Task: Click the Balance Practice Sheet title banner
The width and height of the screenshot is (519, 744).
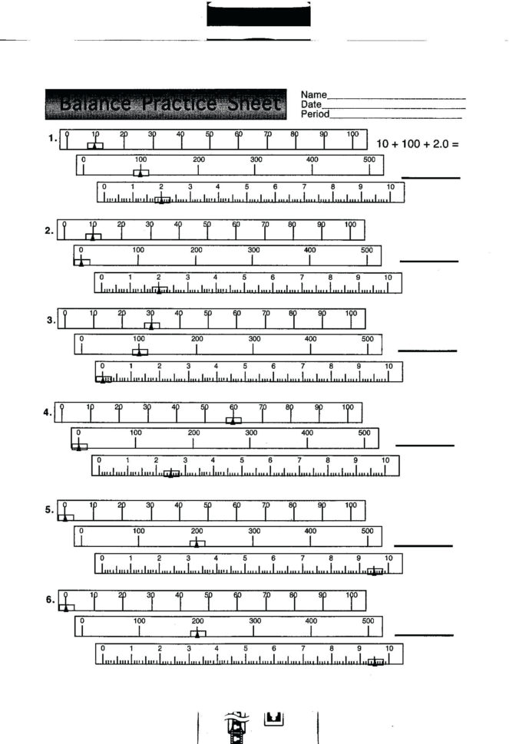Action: click(167, 104)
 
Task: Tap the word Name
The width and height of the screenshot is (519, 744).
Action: click(313, 94)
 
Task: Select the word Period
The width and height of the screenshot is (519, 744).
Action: click(315, 114)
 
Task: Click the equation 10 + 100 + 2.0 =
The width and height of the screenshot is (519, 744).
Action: click(417, 143)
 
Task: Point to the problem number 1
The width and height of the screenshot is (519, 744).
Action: click(51, 139)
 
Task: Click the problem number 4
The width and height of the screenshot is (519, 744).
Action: click(48, 413)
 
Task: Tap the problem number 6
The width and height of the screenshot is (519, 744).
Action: click(50, 600)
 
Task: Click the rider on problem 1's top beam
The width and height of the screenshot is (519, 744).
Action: click(94, 146)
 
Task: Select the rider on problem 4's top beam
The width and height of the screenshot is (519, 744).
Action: click(233, 420)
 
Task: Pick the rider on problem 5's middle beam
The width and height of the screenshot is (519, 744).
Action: click(197, 543)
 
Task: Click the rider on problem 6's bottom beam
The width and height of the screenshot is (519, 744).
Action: click(375, 661)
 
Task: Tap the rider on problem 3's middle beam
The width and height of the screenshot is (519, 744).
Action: click(139, 352)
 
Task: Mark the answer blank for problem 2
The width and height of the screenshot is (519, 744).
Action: click(428, 262)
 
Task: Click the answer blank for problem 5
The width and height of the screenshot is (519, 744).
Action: click(423, 546)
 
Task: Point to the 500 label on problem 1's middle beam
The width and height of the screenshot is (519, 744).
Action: click(369, 160)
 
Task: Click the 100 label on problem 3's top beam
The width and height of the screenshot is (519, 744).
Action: click(351, 313)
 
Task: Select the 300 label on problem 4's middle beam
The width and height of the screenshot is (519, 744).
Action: click(251, 433)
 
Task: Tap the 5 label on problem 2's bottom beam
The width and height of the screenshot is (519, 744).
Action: click(244, 277)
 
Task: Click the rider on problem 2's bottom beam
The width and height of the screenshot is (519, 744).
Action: click(159, 290)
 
